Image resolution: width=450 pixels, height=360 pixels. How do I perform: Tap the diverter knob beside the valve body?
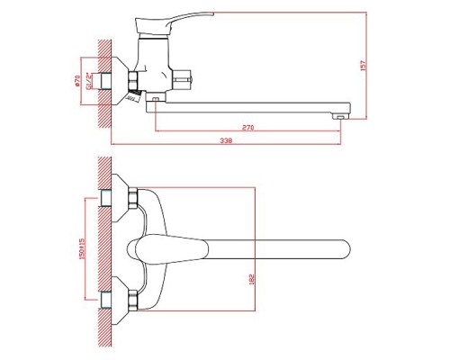[x=185, y=79]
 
